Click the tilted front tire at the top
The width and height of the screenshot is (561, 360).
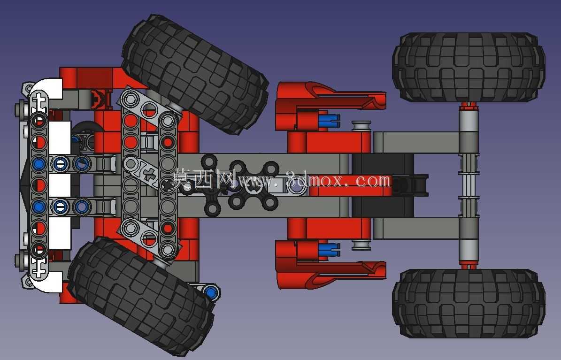195,73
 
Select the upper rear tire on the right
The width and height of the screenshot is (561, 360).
469,67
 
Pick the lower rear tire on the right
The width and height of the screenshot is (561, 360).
469,304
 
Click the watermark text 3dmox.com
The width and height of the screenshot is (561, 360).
338,180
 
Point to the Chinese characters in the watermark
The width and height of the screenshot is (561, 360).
203,179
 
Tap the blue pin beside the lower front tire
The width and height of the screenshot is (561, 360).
211,292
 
